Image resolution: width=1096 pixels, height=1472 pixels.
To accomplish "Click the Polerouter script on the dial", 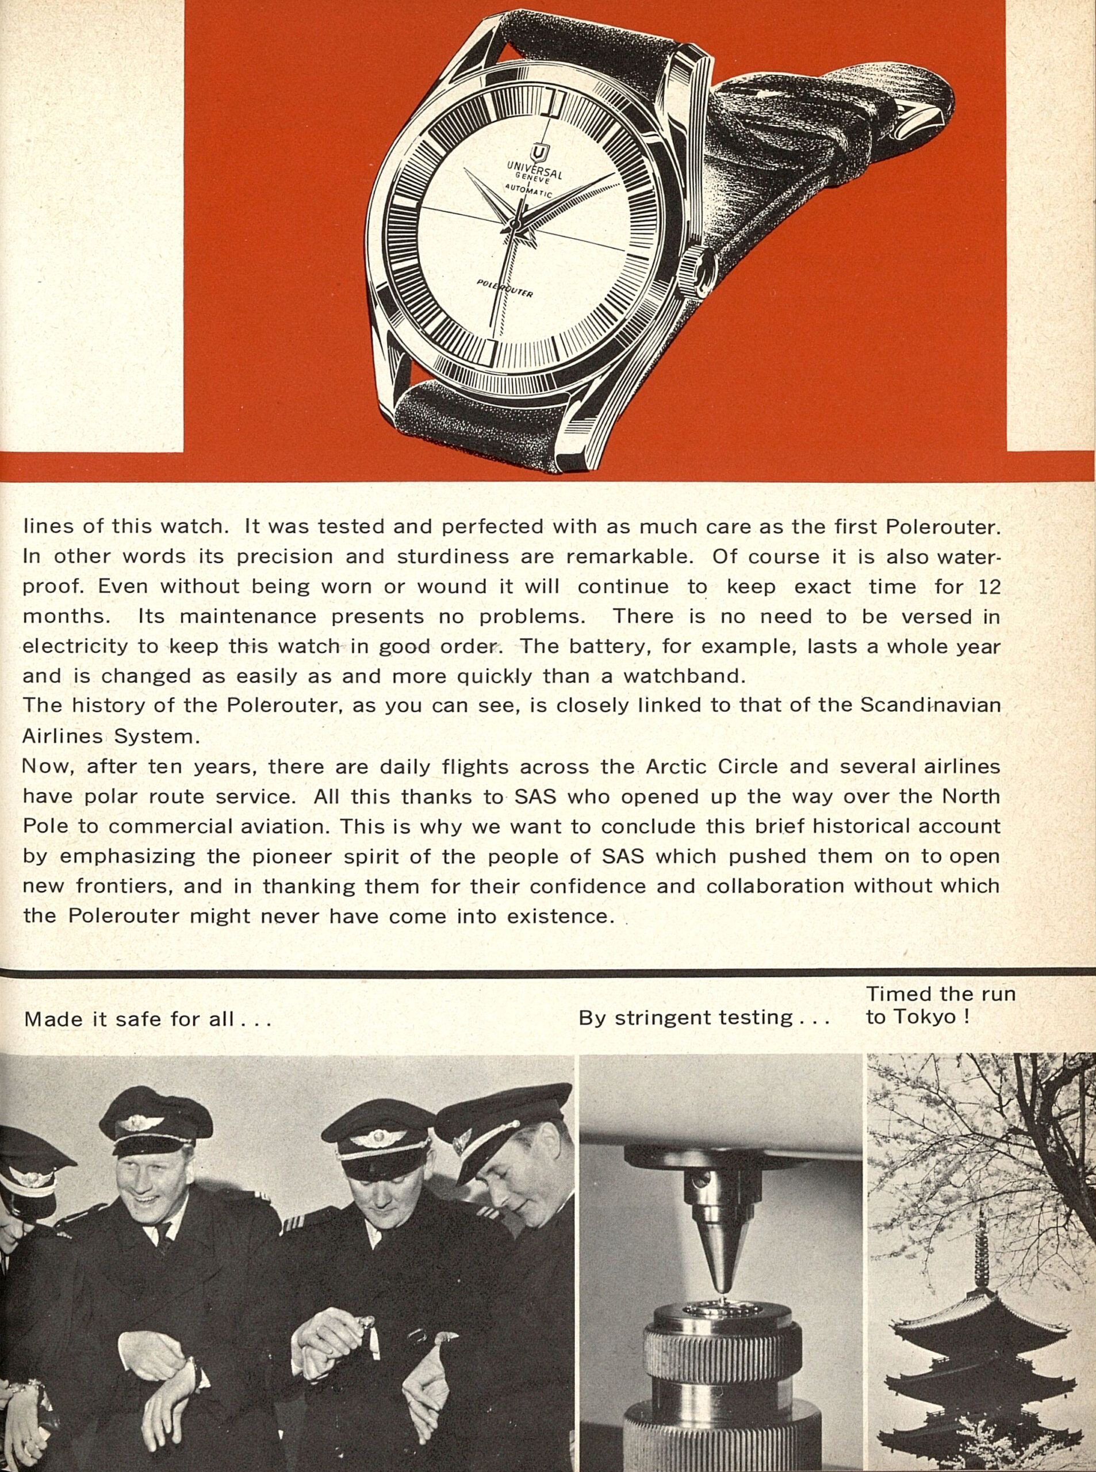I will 504,289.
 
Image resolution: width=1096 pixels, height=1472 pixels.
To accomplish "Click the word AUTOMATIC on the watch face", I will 527,191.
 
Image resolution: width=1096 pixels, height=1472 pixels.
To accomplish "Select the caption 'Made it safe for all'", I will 147,1019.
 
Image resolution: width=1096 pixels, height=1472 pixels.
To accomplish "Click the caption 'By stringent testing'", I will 704,1018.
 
